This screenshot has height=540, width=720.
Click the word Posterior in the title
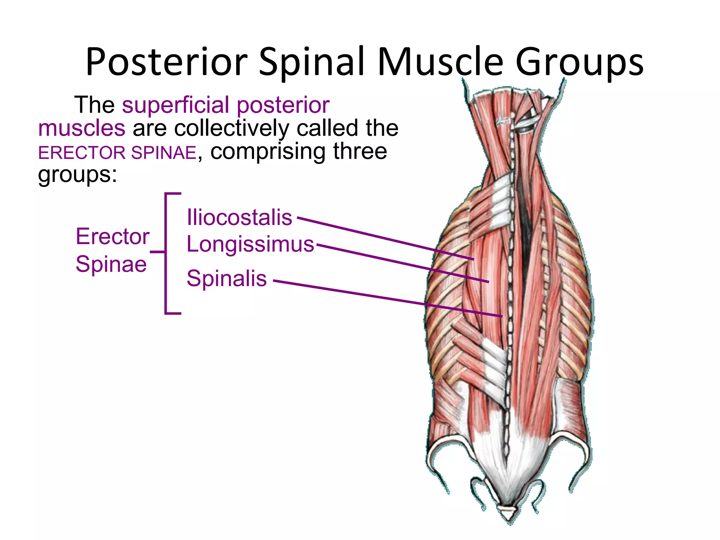click(167, 63)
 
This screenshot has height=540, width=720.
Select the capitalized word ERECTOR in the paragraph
click(82, 153)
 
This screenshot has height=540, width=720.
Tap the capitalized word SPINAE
click(163, 153)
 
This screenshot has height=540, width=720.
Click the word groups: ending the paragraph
click(77, 175)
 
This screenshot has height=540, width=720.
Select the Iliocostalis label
click(239, 217)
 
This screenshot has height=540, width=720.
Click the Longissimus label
click(250, 244)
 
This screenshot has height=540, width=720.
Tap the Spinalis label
click(226, 278)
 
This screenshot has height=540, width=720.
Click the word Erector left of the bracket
click(112, 236)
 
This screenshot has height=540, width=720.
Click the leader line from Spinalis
click(387, 298)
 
